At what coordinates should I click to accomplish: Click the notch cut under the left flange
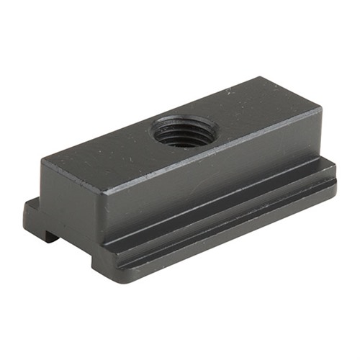click(x=49, y=234)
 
